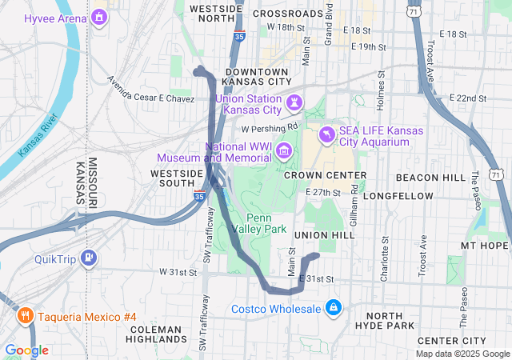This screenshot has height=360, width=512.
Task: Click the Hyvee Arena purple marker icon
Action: coord(99,17)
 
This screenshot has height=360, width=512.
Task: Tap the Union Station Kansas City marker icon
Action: coord(295,102)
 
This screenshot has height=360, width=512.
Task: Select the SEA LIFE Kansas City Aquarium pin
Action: coord(326,134)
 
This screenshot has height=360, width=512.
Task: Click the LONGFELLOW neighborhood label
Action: coord(398,195)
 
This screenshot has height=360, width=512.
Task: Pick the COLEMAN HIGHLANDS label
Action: coord(155,335)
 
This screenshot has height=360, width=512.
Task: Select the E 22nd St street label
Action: coord(468,98)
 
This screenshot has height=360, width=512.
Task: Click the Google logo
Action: coord(27,350)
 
